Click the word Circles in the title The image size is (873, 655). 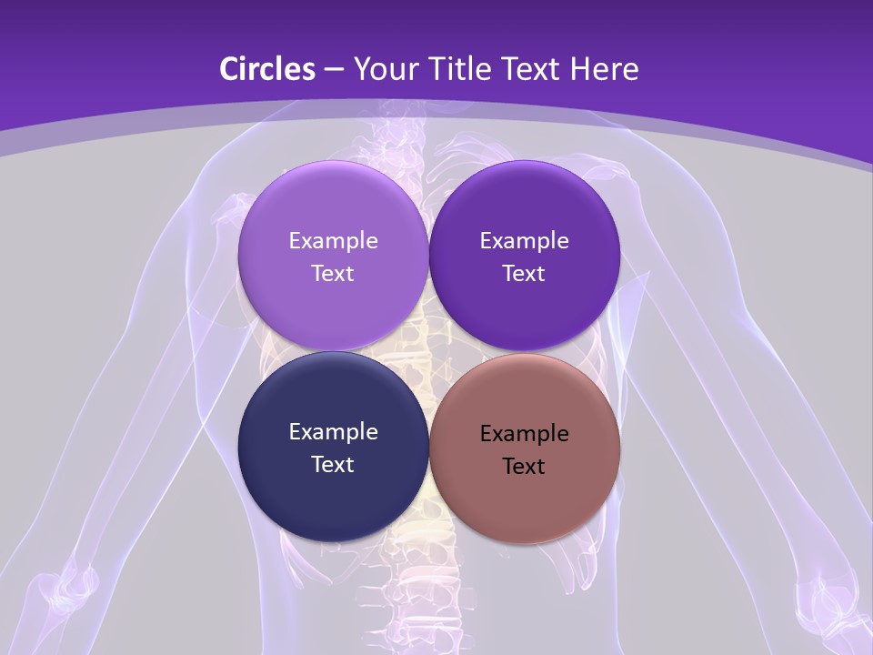(x=266, y=69)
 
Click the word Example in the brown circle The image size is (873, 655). (x=525, y=434)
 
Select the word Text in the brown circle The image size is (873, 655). (x=524, y=467)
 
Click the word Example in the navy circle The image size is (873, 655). (x=333, y=432)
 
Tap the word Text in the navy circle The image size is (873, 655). (x=333, y=465)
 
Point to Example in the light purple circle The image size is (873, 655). (x=333, y=241)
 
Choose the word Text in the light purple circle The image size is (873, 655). (x=333, y=274)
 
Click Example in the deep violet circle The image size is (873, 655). (x=525, y=241)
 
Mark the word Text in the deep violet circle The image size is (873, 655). (x=524, y=274)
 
